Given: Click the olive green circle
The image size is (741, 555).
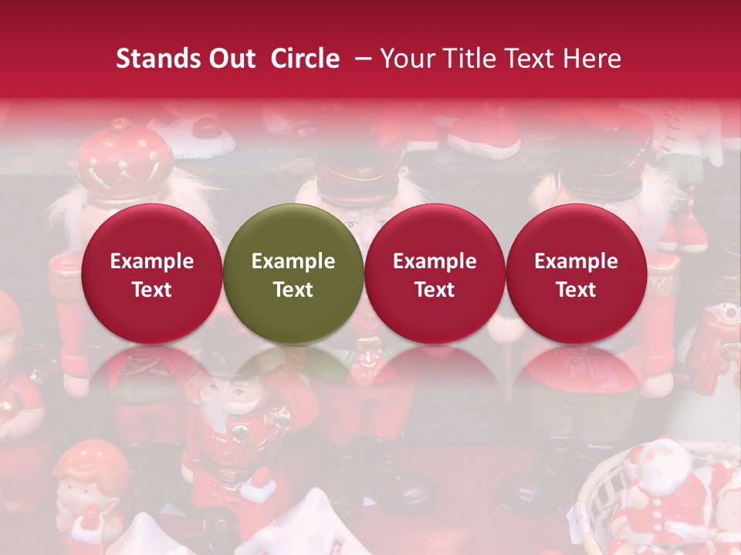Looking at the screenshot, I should [293, 274].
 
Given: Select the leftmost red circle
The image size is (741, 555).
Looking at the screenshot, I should [151, 274].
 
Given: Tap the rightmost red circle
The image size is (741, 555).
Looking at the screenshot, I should [577, 274].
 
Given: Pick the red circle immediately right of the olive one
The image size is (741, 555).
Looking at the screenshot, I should [435, 274].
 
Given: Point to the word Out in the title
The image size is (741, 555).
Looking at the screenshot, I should [231, 59].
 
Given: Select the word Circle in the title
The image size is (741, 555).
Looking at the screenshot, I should [305, 59].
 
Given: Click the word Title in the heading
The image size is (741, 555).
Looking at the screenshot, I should [474, 59].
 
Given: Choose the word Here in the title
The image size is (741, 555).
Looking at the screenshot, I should [591, 59].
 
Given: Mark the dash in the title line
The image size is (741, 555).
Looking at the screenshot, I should [360, 59].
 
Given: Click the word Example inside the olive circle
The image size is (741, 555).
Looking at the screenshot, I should [293, 261].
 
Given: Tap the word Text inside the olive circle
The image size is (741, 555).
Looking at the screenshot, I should [293, 290].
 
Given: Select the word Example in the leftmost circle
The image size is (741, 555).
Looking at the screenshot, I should [151, 261].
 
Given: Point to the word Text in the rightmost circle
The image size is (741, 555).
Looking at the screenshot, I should [577, 290].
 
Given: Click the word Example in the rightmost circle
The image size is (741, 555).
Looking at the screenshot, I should [577, 261].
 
